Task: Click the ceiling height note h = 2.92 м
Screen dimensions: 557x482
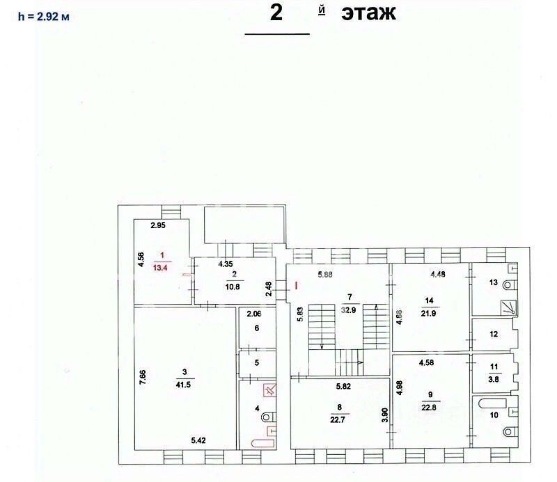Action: click(43, 16)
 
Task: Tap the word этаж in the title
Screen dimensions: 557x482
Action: click(368, 12)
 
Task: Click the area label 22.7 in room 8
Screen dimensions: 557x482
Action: click(340, 418)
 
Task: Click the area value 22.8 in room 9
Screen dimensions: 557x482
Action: click(428, 408)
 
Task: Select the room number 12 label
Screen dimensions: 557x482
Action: click(493, 335)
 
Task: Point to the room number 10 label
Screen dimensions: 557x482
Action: click(494, 415)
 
